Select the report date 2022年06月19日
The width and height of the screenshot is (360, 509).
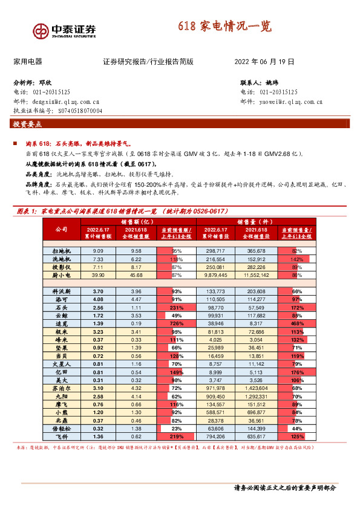[x=264, y=62]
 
